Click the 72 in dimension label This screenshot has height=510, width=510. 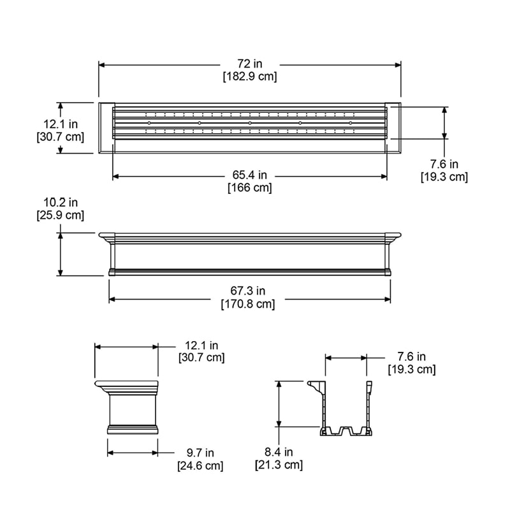(249, 64)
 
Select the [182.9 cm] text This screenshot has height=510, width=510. (249, 76)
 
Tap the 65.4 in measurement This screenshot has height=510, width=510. (249, 175)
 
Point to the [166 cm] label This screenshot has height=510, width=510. (249, 188)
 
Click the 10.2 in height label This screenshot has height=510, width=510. (61, 203)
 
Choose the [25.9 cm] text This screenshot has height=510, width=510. (61, 215)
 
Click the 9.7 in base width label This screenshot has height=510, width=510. (200, 453)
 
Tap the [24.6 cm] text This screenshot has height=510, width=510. (200, 466)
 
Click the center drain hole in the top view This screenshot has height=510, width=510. (250, 122)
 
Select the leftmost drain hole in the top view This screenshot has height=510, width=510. (149, 122)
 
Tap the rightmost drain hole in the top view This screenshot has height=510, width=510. (351, 122)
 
